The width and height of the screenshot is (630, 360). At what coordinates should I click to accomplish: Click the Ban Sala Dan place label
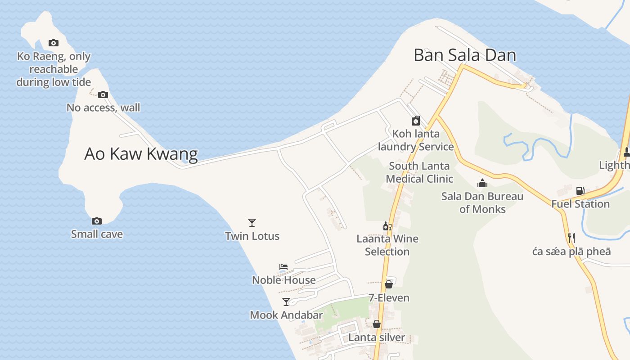464,55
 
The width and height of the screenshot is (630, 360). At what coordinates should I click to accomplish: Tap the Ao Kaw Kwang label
141,154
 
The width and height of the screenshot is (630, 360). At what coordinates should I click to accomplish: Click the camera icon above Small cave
97,221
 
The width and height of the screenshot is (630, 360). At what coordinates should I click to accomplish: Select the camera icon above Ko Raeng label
54,43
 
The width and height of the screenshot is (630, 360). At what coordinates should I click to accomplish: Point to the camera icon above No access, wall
103,94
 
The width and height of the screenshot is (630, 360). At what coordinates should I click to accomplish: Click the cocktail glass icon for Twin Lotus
252,222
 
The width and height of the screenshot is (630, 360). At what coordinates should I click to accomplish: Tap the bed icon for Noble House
283,267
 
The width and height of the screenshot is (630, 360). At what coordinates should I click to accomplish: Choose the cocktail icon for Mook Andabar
286,301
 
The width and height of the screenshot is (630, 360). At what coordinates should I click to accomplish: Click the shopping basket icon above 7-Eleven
389,284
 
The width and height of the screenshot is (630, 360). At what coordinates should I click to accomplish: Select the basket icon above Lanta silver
377,324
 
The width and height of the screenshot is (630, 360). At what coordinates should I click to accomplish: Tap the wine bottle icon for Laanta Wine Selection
387,226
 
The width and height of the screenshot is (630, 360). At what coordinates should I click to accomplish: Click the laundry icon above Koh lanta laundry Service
416,121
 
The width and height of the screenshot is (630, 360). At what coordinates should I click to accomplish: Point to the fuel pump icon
580,191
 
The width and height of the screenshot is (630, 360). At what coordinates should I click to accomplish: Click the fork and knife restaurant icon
571,238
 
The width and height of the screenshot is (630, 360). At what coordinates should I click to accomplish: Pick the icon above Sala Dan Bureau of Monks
482,183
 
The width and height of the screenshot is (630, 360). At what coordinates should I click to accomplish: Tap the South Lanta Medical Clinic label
419,172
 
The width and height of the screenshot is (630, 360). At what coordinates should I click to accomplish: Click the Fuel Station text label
580,204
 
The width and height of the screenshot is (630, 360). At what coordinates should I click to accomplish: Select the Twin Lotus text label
252,236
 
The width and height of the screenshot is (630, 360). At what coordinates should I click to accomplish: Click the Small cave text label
97,234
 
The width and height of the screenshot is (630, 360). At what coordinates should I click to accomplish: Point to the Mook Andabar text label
286,315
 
